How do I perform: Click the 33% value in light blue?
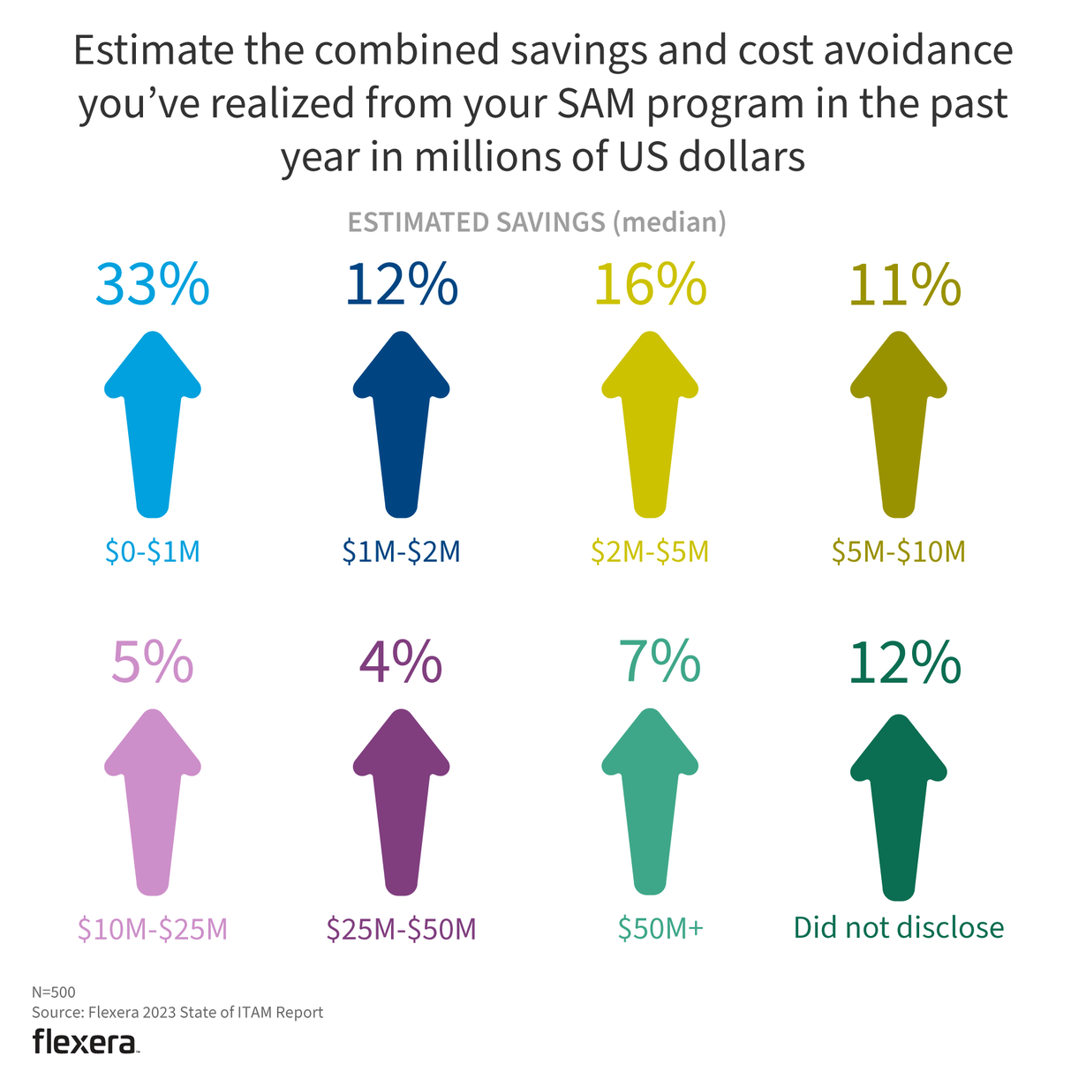152,285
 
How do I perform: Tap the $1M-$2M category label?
402,551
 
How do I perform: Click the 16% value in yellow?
650,285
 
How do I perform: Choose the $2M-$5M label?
650,551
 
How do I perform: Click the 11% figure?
904,285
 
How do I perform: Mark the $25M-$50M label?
402,928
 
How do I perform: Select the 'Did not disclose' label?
899,927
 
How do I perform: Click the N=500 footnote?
54,992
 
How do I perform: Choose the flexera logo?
86,1042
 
